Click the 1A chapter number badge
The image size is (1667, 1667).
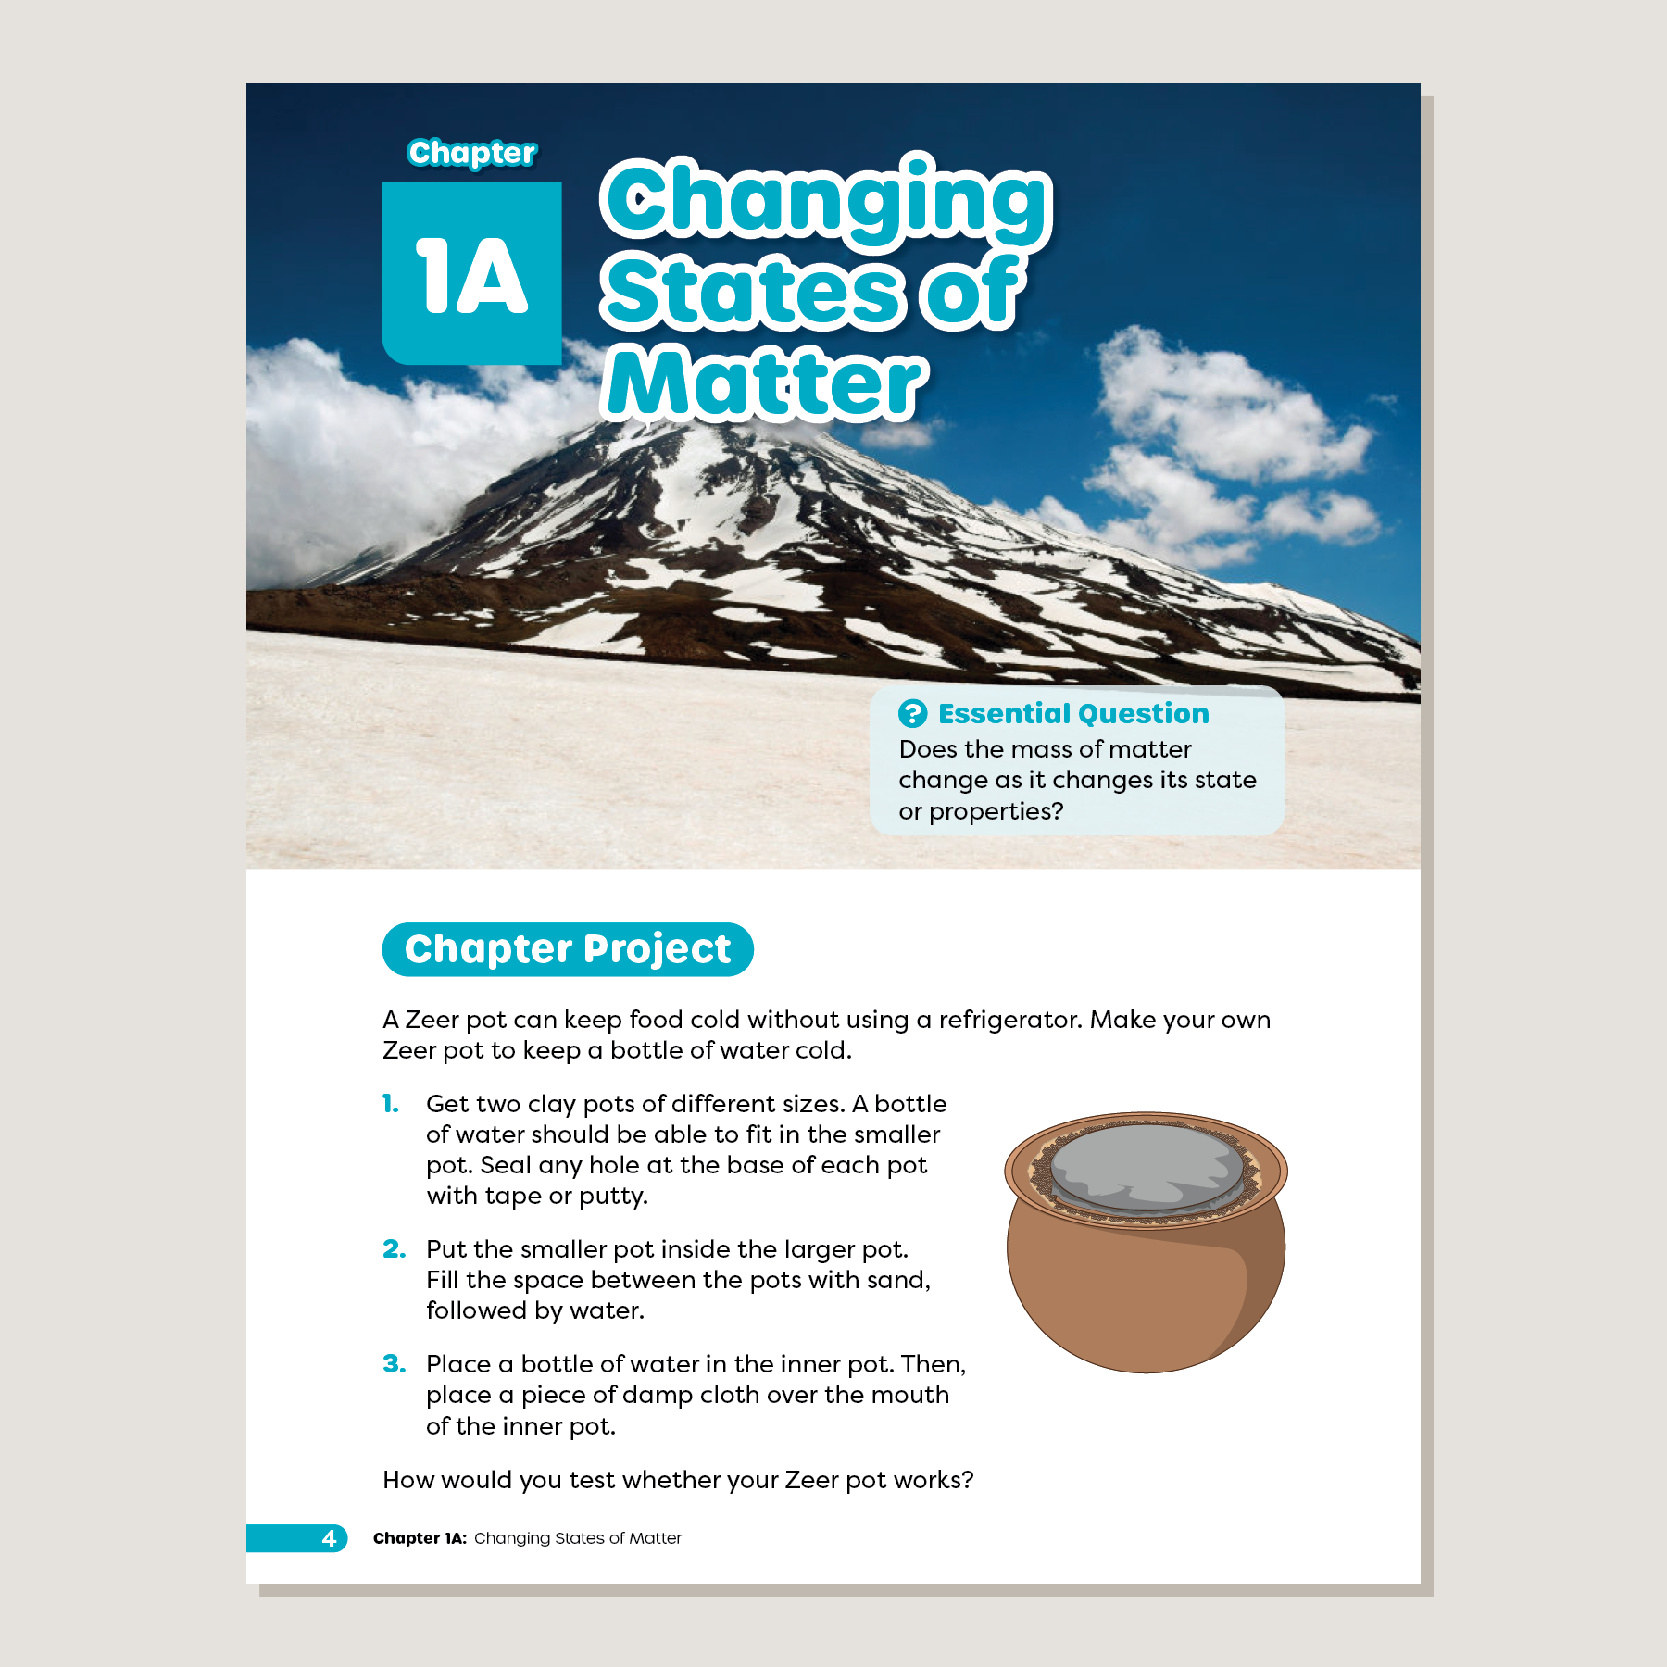(x=471, y=273)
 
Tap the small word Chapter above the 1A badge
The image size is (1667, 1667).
(x=471, y=153)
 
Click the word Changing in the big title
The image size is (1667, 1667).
(x=826, y=200)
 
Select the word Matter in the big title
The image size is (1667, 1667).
(x=765, y=383)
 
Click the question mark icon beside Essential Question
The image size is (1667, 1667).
(x=912, y=713)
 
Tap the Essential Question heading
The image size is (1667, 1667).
(x=1073, y=713)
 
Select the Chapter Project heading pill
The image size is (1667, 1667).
(x=568, y=949)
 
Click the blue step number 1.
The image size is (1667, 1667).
(x=391, y=1104)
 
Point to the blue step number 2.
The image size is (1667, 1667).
(x=394, y=1249)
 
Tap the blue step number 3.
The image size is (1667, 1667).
(x=394, y=1364)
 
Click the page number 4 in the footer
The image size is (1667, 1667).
(x=329, y=1538)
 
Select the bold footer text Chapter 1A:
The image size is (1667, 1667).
(x=420, y=1538)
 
